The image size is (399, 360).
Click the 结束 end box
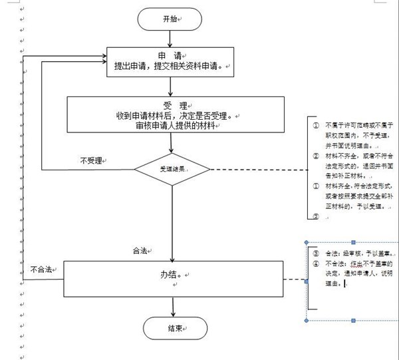pyautogui.click(x=172, y=328)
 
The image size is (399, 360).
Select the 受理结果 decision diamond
pyautogui.click(x=172, y=169)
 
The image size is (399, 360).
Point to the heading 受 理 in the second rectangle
pyautogui.click(x=172, y=102)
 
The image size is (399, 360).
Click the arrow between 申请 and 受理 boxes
pyautogui.click(x=172, y=86)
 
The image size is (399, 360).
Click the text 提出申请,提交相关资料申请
pyautogui.click(x=172, y=67)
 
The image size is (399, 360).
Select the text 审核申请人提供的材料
pyautogui.click(x=172, y=126)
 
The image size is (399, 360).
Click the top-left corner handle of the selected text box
pyautogui.click(x=306, y=242)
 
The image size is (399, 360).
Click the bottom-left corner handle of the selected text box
pyautogui.click(x=306, y=321)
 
